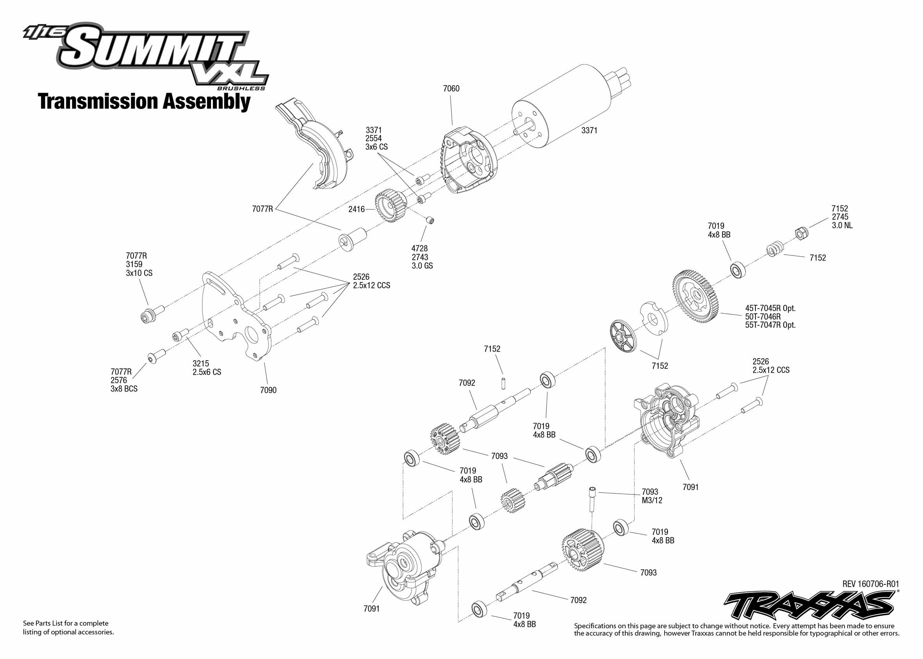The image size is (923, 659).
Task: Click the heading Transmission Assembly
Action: (x=144, y=102)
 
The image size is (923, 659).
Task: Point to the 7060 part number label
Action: (x=451, y=88)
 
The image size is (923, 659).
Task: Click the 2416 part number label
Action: (x=356, y=209)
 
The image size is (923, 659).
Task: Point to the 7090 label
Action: (x=268, y=390)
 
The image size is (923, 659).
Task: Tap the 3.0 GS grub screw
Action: (x=430, y=220)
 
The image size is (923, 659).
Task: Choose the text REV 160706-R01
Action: (x=870, y=584)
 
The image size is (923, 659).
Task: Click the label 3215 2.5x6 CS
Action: (x=207, y=368)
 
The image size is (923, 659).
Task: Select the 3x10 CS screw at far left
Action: (x=151, y=314)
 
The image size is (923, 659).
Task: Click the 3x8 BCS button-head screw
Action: (x=156, y=356)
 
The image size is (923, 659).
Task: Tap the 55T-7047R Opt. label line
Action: (x=770, y=325)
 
